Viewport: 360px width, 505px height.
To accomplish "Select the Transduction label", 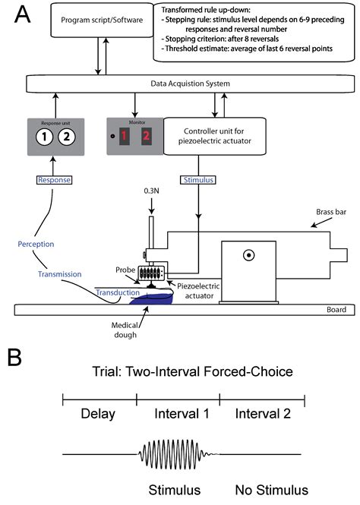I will coord(117,292).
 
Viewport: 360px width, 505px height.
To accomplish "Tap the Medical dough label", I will coord(115,333).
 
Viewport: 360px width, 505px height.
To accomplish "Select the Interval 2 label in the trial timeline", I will coord(261,415).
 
